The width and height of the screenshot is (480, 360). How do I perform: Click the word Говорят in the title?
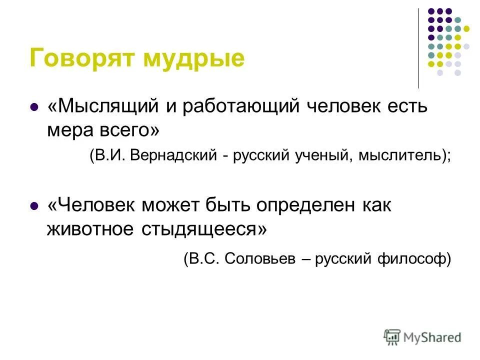[82, 58]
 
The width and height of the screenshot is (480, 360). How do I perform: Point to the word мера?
[67, 130]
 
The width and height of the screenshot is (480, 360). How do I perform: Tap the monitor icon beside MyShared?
[393, 337]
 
